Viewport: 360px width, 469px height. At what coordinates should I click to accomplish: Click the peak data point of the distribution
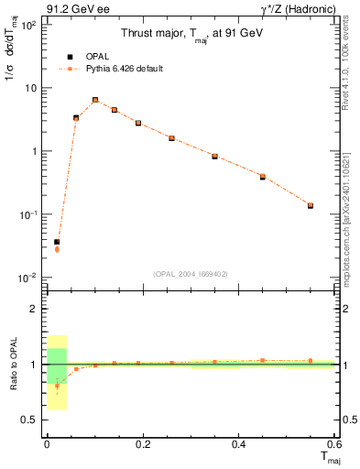point(95,100)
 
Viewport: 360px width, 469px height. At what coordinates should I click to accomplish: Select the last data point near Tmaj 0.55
point(311,205)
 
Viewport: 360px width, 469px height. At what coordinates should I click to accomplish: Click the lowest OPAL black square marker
point(57,242)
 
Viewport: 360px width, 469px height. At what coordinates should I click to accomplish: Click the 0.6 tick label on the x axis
point(333,444)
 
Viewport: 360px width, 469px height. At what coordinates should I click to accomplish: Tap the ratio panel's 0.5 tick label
point(29,420)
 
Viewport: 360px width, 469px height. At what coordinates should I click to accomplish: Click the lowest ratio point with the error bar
point(57,386)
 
